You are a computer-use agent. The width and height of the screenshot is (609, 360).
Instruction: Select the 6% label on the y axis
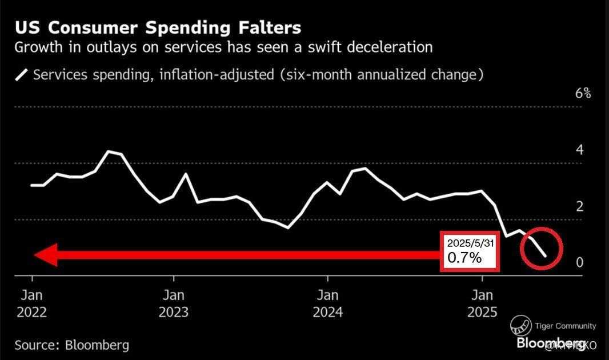[x=583, y=94]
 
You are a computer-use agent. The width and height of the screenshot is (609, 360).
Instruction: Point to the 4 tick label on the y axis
[x=580, y=150]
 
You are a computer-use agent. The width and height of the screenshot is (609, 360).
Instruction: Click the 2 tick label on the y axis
[x=580, y=206]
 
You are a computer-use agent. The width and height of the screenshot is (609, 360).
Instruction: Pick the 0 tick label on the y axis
[x=580, y=262]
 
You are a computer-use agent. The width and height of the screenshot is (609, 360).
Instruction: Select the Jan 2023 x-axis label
[x=174, y=304]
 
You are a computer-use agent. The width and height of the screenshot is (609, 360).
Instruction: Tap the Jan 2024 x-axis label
[x=327, y=304]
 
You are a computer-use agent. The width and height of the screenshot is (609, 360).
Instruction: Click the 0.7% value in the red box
[x=464, y=258]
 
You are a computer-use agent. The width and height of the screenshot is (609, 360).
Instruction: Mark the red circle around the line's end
[x=542, y=249]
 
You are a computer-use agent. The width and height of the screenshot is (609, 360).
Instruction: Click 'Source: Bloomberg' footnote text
[x=72, y=345]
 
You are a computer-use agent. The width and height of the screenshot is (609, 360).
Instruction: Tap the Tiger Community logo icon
[x=520, y=326]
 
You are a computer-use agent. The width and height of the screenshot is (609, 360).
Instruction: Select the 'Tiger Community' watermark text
[x=565, y=326]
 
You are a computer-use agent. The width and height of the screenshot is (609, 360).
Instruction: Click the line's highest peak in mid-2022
[x=109, y=151]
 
